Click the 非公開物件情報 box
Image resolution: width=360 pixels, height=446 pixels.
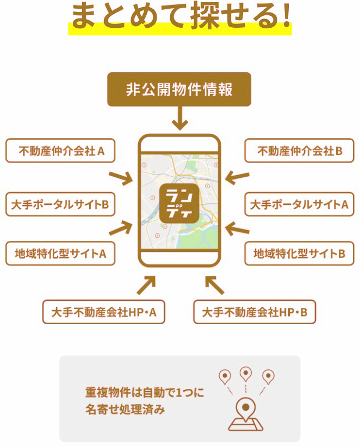(x=179, y=89)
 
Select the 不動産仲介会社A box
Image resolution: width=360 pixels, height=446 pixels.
(x=60, y=151)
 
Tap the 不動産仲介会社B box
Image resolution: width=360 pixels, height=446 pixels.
(x=299, y=151)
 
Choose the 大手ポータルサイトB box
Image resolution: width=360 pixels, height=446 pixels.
(x=60, y=204)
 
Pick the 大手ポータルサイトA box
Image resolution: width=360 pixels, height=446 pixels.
(x=299, y=204)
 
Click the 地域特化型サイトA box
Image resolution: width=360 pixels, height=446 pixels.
(x=60, y=253)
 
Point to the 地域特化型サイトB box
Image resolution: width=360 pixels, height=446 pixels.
(x=299, y=253)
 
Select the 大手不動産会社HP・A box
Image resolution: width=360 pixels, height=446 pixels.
(x=104, y=312)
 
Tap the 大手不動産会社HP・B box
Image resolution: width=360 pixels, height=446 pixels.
(x=255, y=312)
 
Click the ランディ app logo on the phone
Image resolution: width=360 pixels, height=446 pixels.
(x=179, y=202)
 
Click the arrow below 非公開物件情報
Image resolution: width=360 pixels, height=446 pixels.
(x=179, y=118)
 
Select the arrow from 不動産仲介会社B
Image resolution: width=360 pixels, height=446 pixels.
(x=238, y=177)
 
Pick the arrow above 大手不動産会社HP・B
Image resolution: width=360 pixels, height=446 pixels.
(x=214, y=284)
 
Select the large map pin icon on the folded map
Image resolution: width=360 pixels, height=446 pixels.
(x=246, y=408)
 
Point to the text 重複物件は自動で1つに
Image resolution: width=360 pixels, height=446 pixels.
(x=145, y=392)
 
